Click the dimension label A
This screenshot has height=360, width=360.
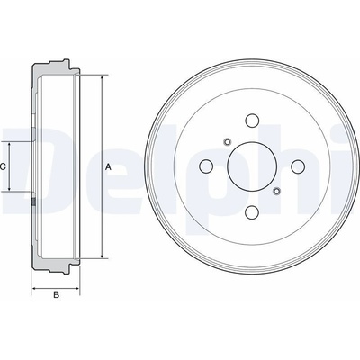(x=108, y=167)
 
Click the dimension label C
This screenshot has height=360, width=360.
(x=3, y=166)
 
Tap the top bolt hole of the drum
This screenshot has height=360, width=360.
(x=252, y=121)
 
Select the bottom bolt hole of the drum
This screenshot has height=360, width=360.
(x=252, y=212)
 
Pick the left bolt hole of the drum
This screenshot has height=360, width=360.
(x=206, y=166)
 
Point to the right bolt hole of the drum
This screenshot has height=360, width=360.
(x=298, y=166)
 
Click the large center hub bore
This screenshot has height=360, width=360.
(x=252, y=166)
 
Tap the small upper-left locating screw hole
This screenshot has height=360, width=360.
(x=227, y=141)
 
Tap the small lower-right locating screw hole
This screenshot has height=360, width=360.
(x=277, y=191)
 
